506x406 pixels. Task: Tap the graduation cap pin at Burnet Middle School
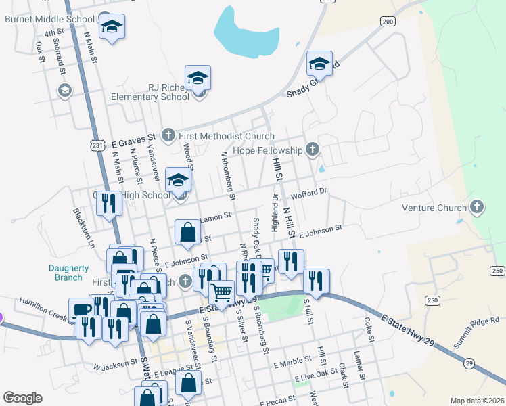pyautogui.click(x=112, y=27)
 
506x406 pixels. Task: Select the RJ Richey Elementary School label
pyautogui.click(x=169, y=91)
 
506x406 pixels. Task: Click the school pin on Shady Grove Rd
pyautogui.click(x=319, y=64)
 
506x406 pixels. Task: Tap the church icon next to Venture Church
pyautogui.click(x=477, y=207)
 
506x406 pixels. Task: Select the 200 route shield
pyautogui.click(x=387, y=22)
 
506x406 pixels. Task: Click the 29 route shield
pyautogui.click(x=469, y=363)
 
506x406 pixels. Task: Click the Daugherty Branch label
pyautogui.click(x=69, y=273)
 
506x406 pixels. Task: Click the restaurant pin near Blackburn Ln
pyautogui.click(x=109, y=202)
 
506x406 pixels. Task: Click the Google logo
pyautogui.click(x=22, y=398)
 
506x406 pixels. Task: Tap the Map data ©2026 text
pyautogui.click(x=476, y=401)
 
